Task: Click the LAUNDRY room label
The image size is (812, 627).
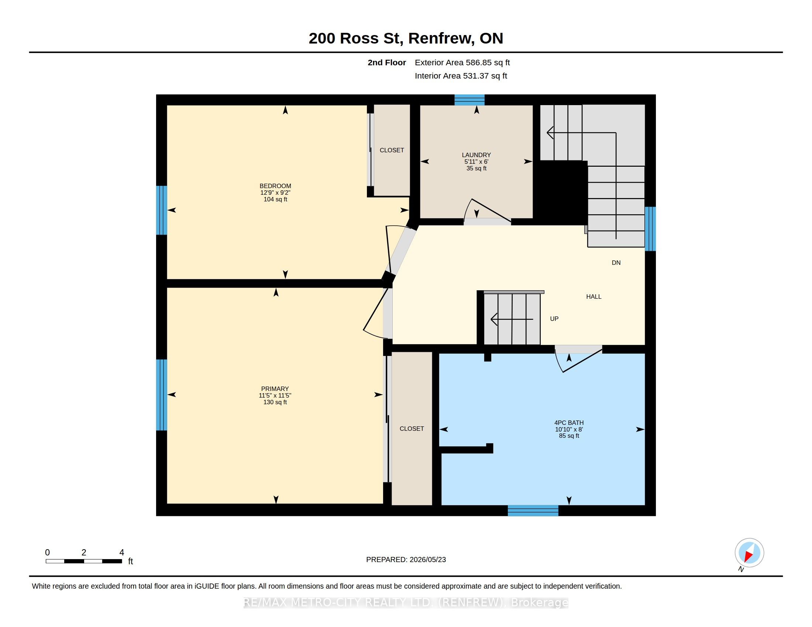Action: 476,155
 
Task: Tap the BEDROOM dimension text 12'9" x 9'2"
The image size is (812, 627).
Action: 275,193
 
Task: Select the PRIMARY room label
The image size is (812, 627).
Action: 275,389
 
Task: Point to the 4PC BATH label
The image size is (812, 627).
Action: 569,423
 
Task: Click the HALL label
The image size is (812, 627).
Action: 594,297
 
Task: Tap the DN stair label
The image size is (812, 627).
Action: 616,263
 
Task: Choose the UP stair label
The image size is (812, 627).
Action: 554,319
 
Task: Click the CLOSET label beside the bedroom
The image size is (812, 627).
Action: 392,150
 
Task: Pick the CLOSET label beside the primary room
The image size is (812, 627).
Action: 412,429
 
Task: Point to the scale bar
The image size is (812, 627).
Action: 84,561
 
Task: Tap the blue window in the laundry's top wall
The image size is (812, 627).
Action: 469,100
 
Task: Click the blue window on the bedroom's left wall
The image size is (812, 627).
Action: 161,210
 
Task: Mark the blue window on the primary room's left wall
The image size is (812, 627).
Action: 161,395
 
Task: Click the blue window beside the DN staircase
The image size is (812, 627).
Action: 650,229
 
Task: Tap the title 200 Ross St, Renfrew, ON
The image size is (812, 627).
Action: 406,38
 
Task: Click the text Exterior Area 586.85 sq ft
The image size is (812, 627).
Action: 462,63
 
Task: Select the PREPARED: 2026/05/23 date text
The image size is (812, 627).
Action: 406,560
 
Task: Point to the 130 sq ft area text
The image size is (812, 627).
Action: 275,402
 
